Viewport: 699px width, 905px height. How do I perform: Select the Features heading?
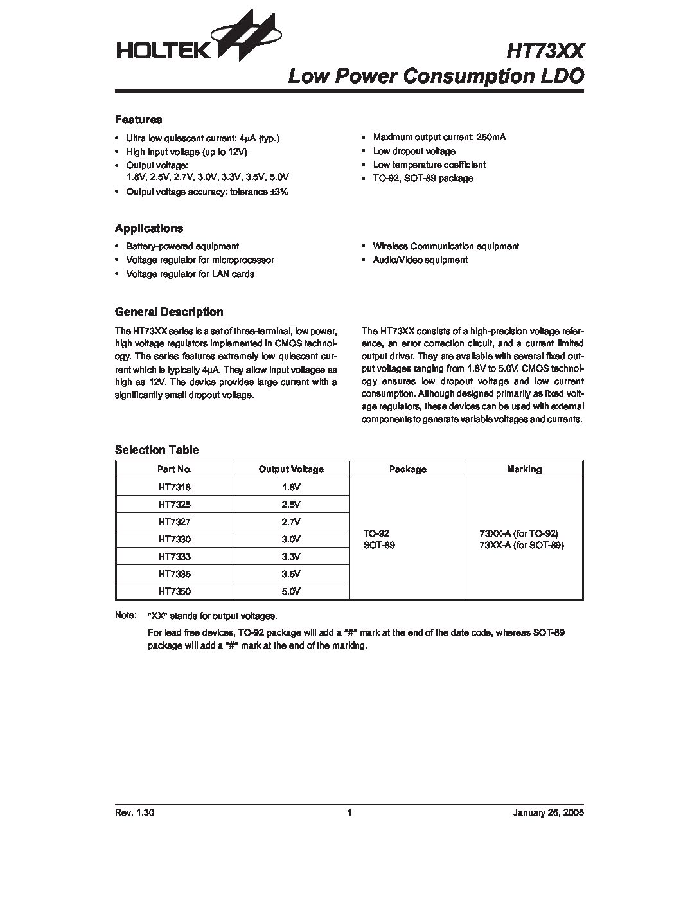pos(138,120)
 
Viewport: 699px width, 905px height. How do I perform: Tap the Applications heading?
pos(148,228)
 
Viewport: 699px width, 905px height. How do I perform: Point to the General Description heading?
pos(169,312)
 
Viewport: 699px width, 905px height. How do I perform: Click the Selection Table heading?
pos(157,450)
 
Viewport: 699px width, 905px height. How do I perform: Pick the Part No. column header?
pos(174,469)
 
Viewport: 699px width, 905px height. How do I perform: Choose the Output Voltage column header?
pos(290,469)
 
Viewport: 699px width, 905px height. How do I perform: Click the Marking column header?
pos(524,469)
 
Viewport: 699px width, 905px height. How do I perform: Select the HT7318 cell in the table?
pos(174,487)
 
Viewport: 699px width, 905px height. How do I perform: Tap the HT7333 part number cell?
pos(174,557)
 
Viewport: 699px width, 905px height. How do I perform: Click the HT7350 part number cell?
pos(174,591)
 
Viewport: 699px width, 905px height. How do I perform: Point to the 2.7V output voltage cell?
pos(290,522)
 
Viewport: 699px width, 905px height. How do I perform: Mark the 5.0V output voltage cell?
pos(290,591)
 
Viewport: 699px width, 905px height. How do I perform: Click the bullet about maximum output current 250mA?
pos(439,137)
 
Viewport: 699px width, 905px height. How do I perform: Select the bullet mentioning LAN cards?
pos(190,274)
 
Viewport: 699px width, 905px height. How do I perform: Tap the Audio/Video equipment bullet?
pos(420,260)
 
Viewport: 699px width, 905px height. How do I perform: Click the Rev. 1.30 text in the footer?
pos(134,812)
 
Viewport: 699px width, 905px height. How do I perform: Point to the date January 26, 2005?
pos(548,812)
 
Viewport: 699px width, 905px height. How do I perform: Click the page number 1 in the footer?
pos(349,812)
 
